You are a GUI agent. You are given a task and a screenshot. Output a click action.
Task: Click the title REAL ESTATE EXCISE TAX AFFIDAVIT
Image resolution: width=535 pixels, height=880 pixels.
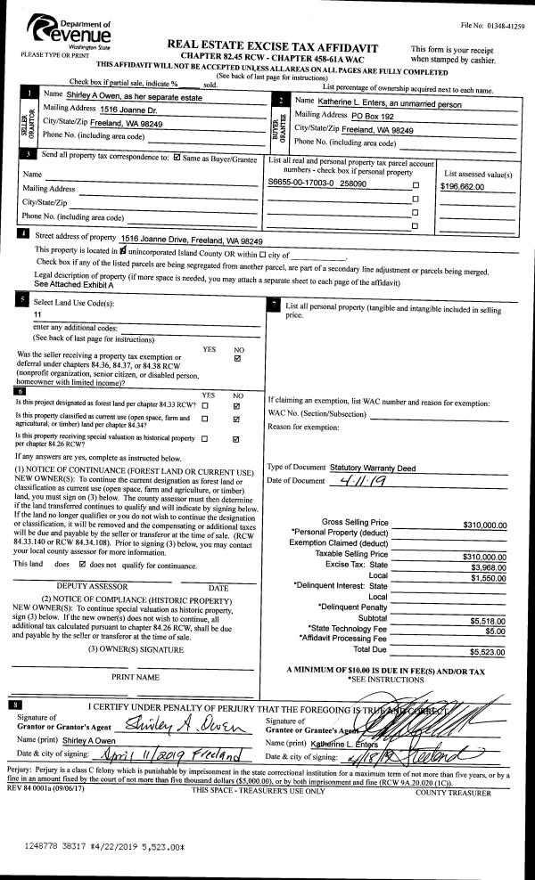pyautogui.click(x=272, y=47)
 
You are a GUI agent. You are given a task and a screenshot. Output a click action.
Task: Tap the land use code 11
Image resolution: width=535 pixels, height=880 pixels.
pyautogui.click(x=37, y=315)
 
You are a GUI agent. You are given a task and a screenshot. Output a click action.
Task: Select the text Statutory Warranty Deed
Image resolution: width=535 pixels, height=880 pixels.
pyautogui.click(x=373, y=467)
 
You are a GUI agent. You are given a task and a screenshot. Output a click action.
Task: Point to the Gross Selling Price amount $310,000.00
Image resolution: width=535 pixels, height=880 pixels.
pyautogui.click(x=485, y=525)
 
